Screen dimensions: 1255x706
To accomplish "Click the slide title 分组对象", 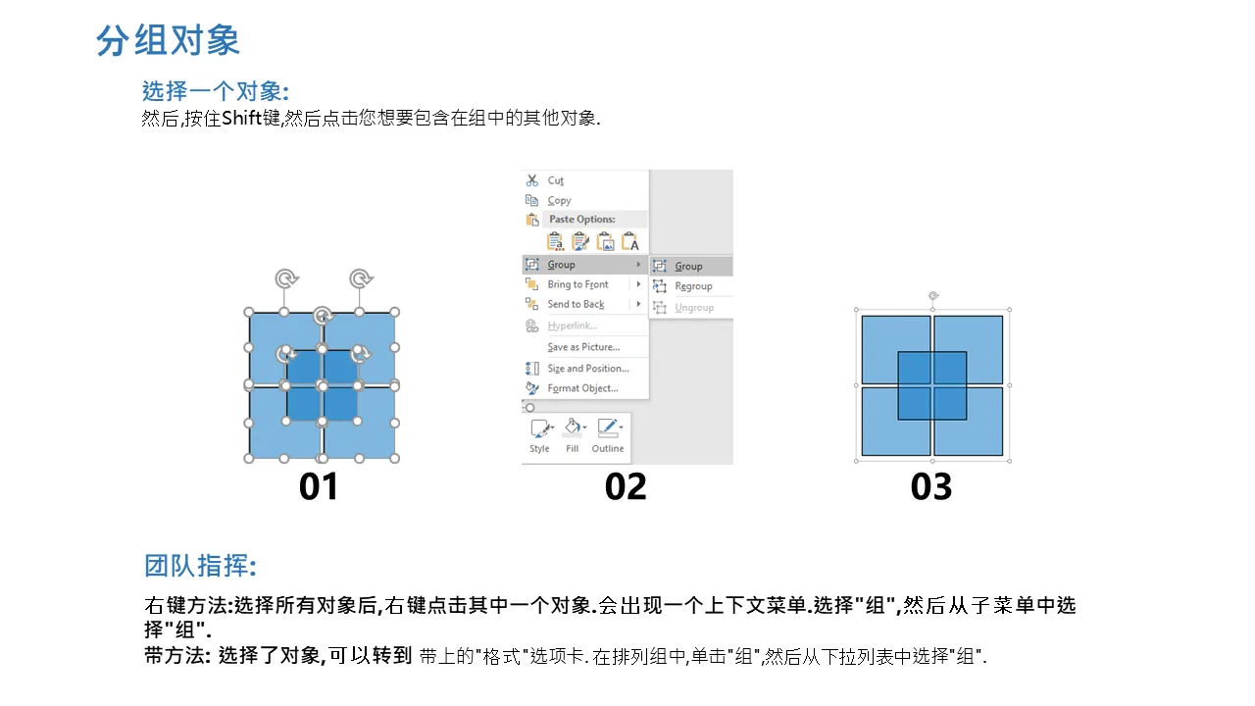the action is click(x=168, y=40).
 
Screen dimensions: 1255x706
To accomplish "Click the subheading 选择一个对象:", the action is click(x=216, y=91).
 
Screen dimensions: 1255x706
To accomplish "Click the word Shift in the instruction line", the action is click(x=242, y=118).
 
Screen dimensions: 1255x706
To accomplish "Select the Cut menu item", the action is click(x=555, y=180).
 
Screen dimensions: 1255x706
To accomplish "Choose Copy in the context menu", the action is click(x=559, y=200).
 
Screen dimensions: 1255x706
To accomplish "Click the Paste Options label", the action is click(x=582, y=219).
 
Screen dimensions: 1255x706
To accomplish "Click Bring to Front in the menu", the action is click(x=577, y=284).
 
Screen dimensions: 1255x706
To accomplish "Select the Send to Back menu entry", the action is click(x=576, y=304).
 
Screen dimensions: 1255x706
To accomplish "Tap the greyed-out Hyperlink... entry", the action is click(x=572, y=326).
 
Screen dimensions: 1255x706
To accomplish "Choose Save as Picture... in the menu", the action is click(x=583, y=347).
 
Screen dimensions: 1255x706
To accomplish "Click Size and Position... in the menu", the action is click(x=587, y=368).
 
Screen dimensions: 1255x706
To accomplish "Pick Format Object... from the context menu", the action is click(x=582, y=388).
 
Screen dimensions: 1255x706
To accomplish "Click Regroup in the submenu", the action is click(x=693, y=286).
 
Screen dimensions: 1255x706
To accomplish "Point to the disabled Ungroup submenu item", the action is click(x=694, y=308).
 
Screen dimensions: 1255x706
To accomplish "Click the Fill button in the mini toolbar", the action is click(x=572, y=435).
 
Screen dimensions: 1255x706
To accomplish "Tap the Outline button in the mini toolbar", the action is click(x=608, y=435).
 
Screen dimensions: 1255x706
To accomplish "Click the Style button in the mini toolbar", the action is click(x=539, y=435).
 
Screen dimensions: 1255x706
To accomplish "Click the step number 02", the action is click(x=626, y=486).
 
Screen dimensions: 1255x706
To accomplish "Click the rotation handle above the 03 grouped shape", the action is click(x=932, y=295).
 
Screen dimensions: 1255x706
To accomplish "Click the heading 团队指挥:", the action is click(x=201, y=566).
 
